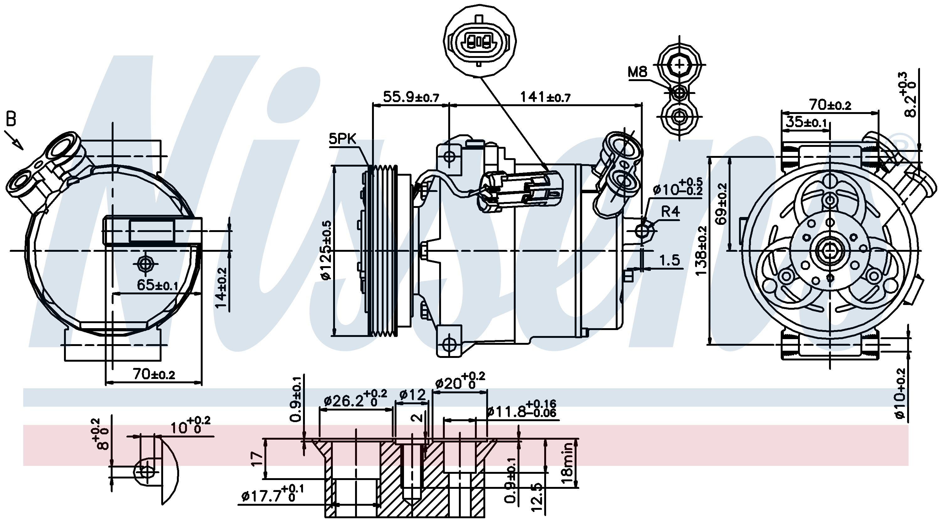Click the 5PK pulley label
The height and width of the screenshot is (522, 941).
point(342,139)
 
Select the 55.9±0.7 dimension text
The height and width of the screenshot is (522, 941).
point(411,97)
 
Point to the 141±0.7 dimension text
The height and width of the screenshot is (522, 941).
point(545,97)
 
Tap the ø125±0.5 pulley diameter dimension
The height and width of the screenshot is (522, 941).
point(326,250)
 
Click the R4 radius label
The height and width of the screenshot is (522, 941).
point(670,212)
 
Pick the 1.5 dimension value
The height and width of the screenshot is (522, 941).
point(670,261)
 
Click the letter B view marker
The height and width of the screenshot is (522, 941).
point(11,119)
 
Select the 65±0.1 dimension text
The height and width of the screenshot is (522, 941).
point(157,285)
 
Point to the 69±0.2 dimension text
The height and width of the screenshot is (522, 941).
point(721,203)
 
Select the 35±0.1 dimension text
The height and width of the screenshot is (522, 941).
point(806,122)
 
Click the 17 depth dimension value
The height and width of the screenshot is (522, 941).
point(258,458)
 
